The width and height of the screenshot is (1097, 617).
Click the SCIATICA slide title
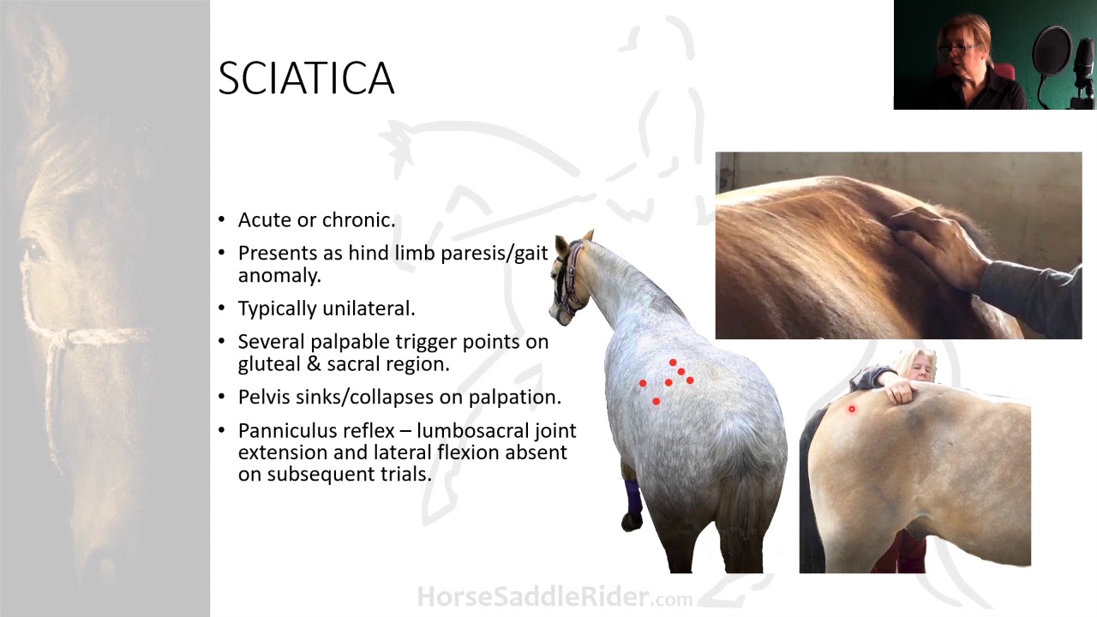pyautogui.click(x=306, y=79)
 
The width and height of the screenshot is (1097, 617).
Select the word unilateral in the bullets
pyautogui.click(x=369, y=308)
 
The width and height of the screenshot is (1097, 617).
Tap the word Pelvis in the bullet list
pyautogui.click(x=265, y=398)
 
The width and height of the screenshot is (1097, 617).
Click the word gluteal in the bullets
pyautogui.click(x=268, y=363)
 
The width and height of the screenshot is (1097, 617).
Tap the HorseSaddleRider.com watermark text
pyautogui.click(x=554, y=596)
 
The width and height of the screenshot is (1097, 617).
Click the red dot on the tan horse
pyautogui.click(x=852, y=410)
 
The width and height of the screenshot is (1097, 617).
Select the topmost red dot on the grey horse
pyautogui.click(x=673, y=363)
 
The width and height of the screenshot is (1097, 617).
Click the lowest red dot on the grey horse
pyautogui.click(x=656, y=401)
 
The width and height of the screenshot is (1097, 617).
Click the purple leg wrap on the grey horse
pyautogui.click(x=632, y=497)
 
